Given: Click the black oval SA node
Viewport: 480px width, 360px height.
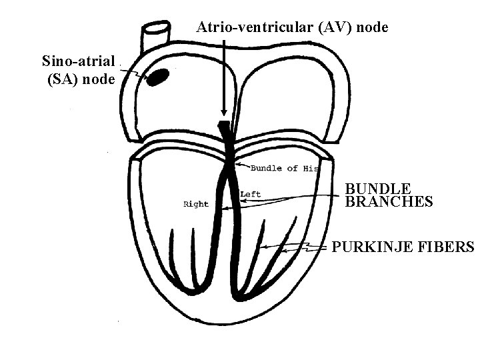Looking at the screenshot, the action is coord(157,77).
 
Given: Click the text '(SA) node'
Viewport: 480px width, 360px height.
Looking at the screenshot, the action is coord(81,79).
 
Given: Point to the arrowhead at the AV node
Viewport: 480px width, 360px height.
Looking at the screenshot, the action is coord(224,113).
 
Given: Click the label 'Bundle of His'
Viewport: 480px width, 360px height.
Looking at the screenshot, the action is coord(285,168).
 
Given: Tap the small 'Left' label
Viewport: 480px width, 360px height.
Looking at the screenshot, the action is coord(251,195).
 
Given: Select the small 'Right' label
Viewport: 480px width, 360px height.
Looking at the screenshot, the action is coord(195,204).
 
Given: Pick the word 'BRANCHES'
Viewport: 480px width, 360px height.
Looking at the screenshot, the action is coord(389,202).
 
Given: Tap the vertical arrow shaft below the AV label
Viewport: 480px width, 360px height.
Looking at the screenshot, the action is coord(224,73).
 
